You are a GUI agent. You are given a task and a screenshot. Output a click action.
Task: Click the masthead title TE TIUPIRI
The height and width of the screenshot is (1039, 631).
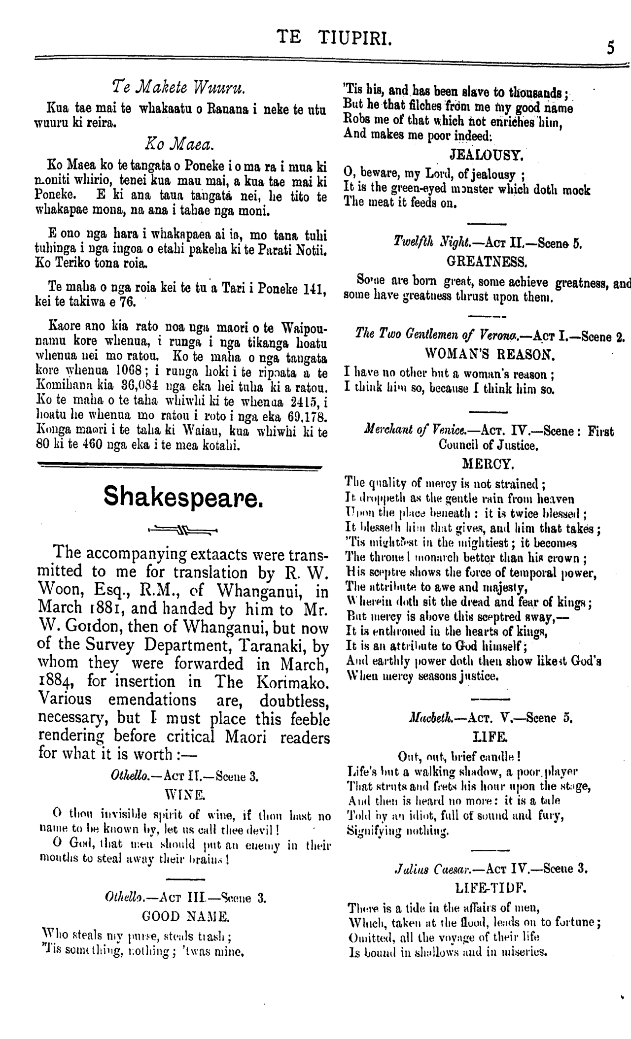point(335,37)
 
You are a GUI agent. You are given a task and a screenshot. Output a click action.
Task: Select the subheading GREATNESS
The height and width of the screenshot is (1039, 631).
point(486,260)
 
